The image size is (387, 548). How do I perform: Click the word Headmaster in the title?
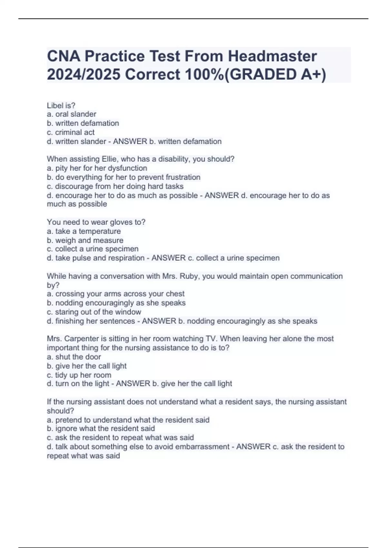pyautogui.click(x=273, y=56)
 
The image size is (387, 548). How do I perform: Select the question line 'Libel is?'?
pyautogui.click(x=61, y=105)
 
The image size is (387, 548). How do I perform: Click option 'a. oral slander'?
pyautogui.click(x=72, y=114)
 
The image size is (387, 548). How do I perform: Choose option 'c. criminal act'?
pyautogui.click(x=71, y=132)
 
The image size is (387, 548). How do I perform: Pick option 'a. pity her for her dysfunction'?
pyautogui.click(x=97, y=168)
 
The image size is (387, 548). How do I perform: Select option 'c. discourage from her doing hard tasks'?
pyautogui.click(x=115, y=186)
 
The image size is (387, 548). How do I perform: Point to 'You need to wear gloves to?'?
pyautogui.click(x=96, y=222)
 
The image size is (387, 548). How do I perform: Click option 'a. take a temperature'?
pyautogui.click(x=84, y=231)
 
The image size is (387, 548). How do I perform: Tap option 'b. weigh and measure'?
pyautogui.click(x=85, y=240)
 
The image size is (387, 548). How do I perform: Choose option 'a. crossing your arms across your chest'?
pyautogui.click(x=116, y=294)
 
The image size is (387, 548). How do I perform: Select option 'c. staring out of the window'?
pyautogui.click(x=94, y=312)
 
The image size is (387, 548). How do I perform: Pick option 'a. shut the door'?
pyautogui.click(x=74, y=357)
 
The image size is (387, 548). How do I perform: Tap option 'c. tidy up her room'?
pyautogui.click(x=79, y=375)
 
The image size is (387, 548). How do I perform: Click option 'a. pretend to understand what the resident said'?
pyautogui.click(x=128, y=420)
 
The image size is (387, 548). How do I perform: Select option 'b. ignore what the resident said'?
pyautogui.click(x=101, y=428)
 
